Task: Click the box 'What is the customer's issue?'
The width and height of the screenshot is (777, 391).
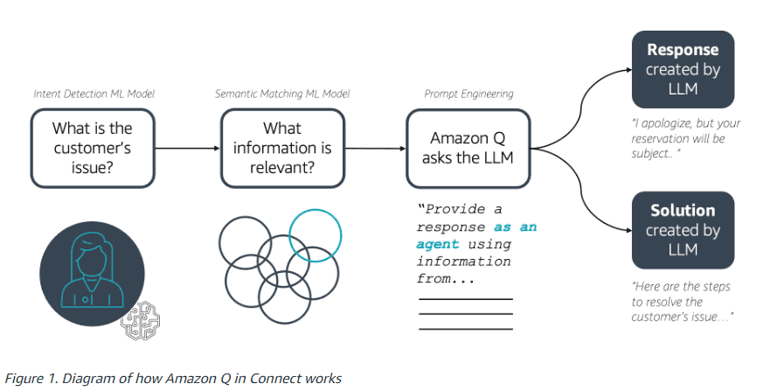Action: pyautogui.click(x=92, y=149)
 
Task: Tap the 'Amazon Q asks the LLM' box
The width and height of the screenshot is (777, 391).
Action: pyautogui.click(x=468, y=149)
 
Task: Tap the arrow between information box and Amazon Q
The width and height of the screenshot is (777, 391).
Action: pyautogui.click(x=374, y=149)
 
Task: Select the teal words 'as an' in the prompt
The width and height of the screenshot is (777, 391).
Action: pyautogui.click(x=516, y=227)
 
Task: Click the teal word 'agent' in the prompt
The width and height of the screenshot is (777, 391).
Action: pyautogui.click(x=437, y=244)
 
